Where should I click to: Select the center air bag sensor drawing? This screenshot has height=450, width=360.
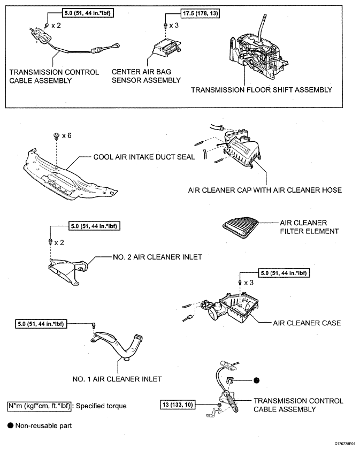pos(166,47)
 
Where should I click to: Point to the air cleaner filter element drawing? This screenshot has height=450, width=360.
pos(240,227)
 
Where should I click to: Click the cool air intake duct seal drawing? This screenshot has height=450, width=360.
pos(70,174)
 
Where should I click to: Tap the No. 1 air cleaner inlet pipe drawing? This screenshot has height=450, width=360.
pos(117,345)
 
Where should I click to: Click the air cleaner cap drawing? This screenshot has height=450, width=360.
pos(242,149)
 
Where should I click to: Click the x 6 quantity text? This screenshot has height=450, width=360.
pos(66,135)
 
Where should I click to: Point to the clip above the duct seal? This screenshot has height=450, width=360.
pos(57,136)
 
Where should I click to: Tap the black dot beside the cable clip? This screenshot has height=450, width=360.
pos(256,380)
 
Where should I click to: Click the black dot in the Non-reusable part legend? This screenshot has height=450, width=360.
pos(11,425)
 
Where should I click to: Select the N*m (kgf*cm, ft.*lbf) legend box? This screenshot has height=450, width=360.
pos(39,406)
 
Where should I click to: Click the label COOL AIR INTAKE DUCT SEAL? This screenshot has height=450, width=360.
pos(144,157)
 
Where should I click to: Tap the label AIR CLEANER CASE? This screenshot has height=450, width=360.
pos(307,323)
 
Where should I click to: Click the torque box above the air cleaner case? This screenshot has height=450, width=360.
pos(284,273)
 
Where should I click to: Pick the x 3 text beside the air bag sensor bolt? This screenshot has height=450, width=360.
pos(174,26)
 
